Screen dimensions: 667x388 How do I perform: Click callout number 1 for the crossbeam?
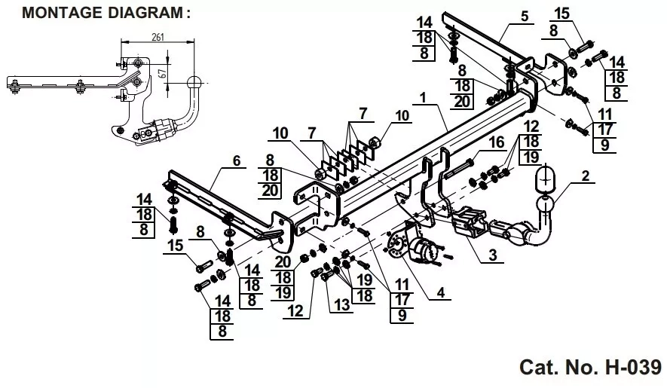tap(423, 98)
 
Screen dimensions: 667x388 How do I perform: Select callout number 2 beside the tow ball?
tap(586, 176)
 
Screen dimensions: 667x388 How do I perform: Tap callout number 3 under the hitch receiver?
tap(493, 255)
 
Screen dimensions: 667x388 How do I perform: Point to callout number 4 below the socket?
tap(441, 292)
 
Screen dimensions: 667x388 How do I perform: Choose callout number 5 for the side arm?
tap(525, 16)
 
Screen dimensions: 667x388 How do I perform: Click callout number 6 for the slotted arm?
tap(237, 160)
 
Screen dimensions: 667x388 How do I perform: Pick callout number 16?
tap(497, 142)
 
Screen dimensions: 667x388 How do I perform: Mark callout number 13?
tap(341, 304)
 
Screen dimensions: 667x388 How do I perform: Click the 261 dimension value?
tap(158, 37)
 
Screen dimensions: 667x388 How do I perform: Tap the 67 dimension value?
tap(161, 74)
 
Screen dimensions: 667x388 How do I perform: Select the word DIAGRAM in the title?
tap(145, 12)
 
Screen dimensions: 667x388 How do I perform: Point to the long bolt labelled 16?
tap(458, 169)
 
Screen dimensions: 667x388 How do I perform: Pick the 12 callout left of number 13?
tap(295, 311)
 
